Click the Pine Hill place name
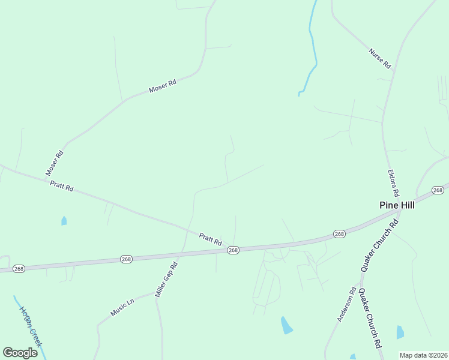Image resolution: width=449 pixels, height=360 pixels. point(397,205)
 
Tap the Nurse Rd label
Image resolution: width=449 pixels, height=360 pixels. point(380,57)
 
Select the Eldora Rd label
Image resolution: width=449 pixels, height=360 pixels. point(393,184)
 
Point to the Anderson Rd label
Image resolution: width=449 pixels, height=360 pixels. point(347,307)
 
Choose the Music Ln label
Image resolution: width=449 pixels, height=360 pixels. point(122,308)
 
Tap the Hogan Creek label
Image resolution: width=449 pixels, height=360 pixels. point(30,327)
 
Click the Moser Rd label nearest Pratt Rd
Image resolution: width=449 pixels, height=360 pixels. point(54,163)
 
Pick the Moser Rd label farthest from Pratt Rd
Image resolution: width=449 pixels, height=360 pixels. point(162,87)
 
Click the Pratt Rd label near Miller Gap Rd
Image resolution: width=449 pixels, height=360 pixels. point(211,239)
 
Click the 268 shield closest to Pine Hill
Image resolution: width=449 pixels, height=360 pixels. point(438,190)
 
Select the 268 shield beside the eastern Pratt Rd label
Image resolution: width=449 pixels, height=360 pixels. point(234,250)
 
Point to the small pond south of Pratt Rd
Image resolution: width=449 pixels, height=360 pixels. point(64,221)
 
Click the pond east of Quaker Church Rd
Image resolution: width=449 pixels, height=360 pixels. point(400,332)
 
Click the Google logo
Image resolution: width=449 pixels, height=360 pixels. point(20,353)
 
